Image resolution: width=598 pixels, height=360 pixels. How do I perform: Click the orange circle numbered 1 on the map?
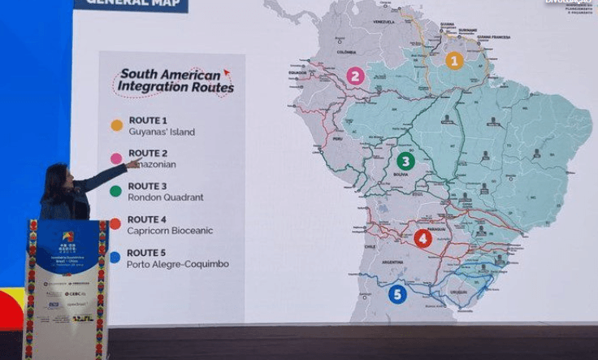point(454,60)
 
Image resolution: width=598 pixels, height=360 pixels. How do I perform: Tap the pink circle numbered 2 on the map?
point(355,76)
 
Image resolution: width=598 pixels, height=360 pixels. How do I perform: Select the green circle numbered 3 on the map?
point(405,161)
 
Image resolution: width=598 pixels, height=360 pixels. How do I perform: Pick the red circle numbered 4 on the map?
point(422,238)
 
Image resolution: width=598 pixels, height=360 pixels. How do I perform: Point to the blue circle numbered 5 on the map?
point(397,294)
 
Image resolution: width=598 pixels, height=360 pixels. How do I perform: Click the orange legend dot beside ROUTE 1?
point(117,125)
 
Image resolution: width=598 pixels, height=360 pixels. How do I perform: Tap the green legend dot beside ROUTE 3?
point(116,191)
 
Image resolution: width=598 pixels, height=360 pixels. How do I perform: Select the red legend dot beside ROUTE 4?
point(115,224)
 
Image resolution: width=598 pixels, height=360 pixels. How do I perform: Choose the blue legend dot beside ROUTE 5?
point(115,258)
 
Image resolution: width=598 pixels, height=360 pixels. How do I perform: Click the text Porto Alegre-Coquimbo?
point(177,264)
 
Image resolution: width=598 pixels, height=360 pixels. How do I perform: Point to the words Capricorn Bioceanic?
point(169,231)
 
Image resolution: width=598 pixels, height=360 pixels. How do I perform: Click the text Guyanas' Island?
point(161,132)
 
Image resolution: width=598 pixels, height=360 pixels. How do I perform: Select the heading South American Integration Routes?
point(175,79)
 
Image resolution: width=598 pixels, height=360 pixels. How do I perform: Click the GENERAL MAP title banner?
point(131,5)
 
